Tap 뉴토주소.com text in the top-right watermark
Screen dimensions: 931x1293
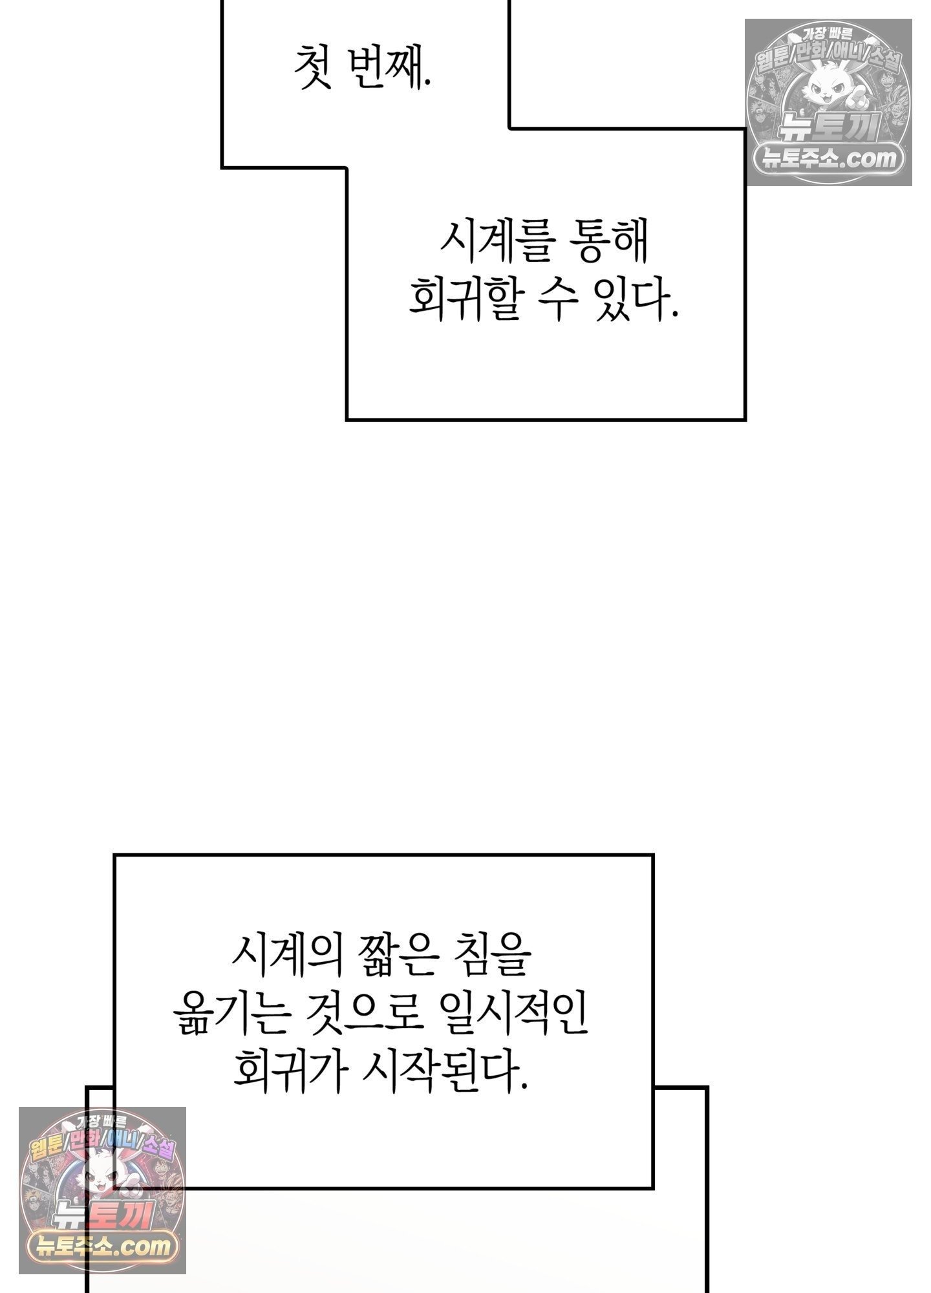829,157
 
